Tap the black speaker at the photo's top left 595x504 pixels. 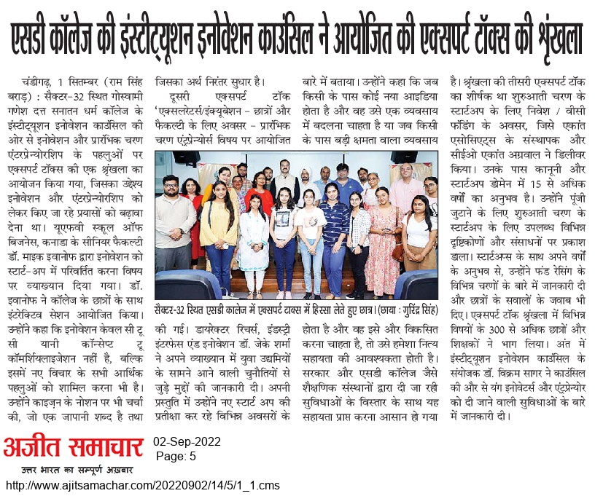click(x=186, y=157)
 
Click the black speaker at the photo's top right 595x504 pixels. click(x=404, y=157)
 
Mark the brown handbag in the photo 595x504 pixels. click(x=398, y=251)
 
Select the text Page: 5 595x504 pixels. click(x=176, y=456)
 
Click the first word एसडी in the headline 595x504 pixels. click(x=30, y=36)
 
